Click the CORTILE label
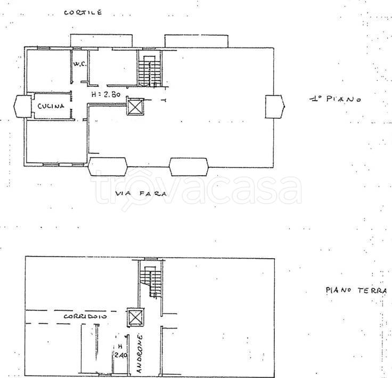(83, 12)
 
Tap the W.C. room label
(80, 64)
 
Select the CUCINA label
(51, 106)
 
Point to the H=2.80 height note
(106, 94)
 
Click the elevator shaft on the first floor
(135, 106)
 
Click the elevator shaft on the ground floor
(135, 317)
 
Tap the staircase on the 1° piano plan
(150, 71)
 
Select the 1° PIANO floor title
(336, 99)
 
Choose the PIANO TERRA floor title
(356, 290)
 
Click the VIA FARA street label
(141, 193)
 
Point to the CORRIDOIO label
(85, 316)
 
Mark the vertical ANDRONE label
(140, 354)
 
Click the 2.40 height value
(121, 355)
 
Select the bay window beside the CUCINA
(22, 106)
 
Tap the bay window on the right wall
(275, 106)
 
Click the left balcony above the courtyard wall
(101, 40)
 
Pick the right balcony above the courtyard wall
(196, 41)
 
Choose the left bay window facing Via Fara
(108, 167)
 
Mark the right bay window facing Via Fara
(189, 167)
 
